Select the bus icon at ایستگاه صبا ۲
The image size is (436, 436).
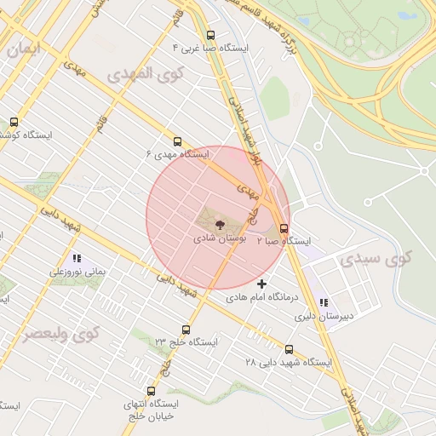point(284,228)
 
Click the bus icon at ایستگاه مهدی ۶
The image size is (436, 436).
point(177,141)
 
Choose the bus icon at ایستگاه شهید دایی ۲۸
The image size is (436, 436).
point(289,349)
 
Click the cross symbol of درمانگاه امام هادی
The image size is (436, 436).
point(261,283)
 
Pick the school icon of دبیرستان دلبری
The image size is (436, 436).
point(323,301)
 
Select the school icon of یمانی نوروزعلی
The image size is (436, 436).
point(76,257)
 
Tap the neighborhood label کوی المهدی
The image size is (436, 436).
point(146,74)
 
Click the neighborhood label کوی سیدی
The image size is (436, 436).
point(376,258)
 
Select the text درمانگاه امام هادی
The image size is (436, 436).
point(261,299)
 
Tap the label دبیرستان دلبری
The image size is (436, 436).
point(324,316)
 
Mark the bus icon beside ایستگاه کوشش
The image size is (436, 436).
point(13,122)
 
